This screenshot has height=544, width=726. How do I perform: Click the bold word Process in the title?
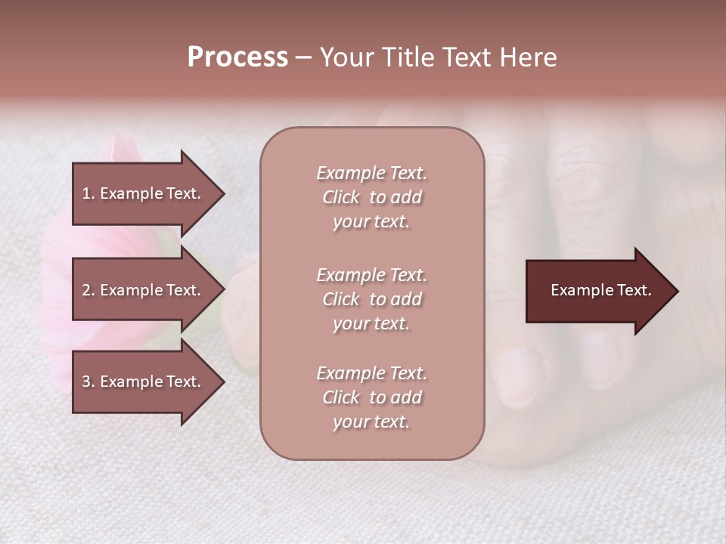pos(237,57)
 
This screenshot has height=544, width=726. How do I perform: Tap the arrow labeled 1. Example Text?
pos(144,193)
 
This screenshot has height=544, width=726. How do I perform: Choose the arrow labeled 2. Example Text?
pos(144,290)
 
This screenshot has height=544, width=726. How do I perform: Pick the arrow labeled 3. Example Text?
pos(144,382)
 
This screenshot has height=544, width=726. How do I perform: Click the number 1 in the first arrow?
pos(85,193)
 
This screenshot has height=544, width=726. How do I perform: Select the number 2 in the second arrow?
pos(86,290)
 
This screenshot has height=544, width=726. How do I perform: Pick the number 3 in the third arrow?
pos(86,382)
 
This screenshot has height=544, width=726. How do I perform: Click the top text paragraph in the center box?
pos(371,197)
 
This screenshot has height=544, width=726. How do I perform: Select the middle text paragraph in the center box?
pos(371,299)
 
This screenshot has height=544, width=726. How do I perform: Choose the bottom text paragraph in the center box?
pos(371,397)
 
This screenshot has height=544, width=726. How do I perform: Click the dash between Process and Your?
pos(303,58)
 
